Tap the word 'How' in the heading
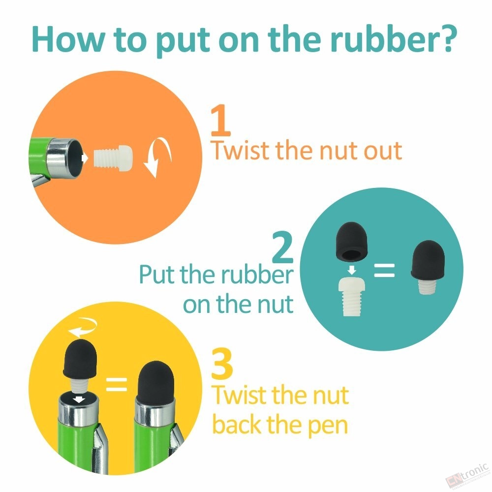tap(68, 39)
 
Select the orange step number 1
tap(220, 120)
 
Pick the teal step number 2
tap(282, 247)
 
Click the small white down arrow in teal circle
tap(352, 270)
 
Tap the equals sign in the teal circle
tap(384, 271)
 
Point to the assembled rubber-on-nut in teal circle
tap(428, 267)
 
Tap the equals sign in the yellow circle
tap(117, 384)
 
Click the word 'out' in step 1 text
tap(383, 151)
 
